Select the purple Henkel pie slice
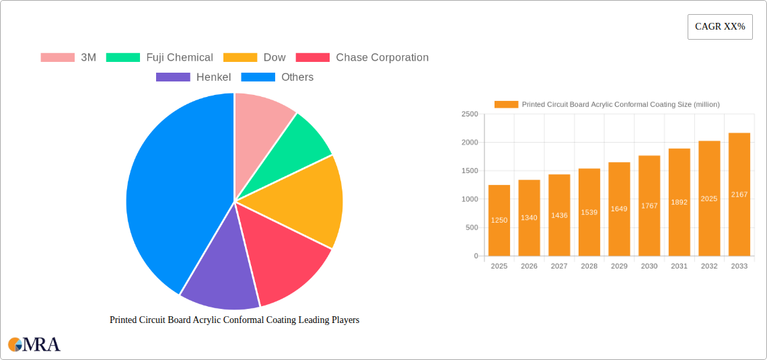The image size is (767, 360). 219,276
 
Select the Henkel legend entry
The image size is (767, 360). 194,77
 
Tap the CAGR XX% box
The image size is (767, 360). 720,27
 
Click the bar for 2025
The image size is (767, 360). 499,221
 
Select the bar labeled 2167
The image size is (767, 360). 739,194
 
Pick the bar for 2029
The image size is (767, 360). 619,209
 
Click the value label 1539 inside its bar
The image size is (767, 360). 589,212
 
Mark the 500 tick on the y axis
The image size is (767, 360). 471,227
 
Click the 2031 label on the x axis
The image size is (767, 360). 679,266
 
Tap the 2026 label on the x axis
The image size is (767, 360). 529,266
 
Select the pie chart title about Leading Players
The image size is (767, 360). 234,320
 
